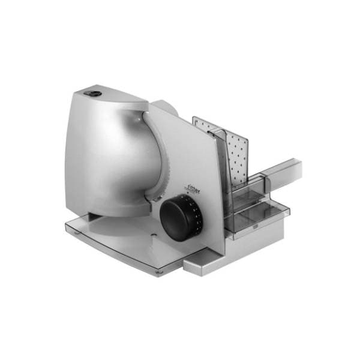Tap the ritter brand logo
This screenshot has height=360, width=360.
192,188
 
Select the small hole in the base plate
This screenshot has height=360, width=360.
153,235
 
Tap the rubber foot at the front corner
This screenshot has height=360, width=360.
159,272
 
